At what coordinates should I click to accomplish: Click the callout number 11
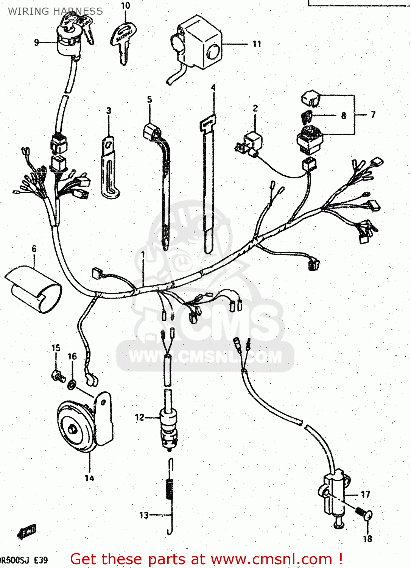257,44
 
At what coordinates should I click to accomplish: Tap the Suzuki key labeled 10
123,40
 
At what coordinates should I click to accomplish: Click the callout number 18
367,538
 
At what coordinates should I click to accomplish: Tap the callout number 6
34,249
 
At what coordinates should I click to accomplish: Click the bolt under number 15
58,376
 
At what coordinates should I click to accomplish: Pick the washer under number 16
72,385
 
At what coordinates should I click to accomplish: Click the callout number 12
139,417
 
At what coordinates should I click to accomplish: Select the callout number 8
343,115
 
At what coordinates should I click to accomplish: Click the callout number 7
373,114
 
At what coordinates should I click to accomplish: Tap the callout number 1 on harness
143,255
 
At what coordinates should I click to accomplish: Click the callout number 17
365,494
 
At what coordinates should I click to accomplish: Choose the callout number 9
36,42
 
